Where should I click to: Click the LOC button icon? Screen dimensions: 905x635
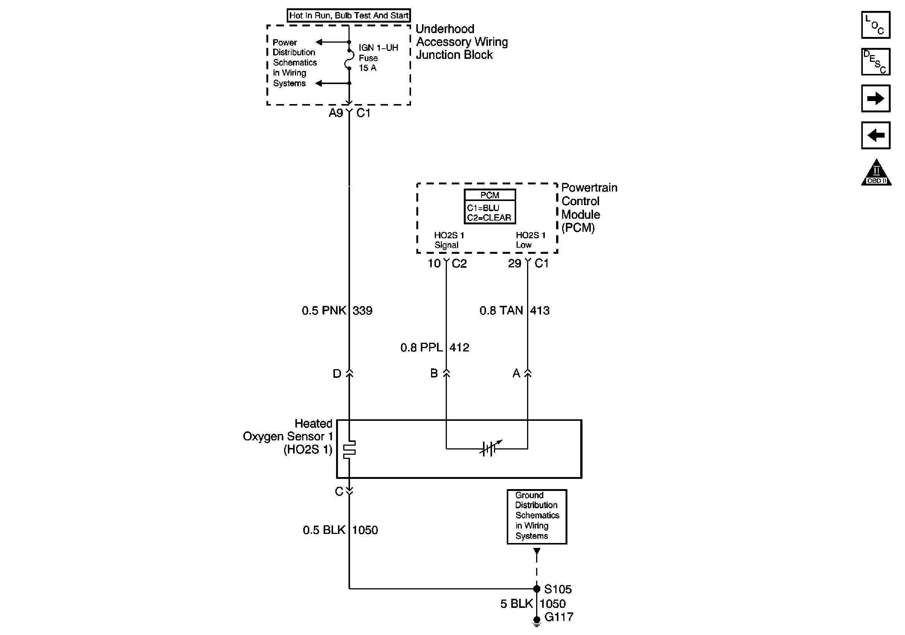click(x=876, y=25)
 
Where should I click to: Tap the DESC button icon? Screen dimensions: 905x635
click(x=876, y=61)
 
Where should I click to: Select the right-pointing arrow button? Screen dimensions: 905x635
click(x=876, y=98)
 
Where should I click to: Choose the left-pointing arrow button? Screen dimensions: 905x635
click(x=876, y=135)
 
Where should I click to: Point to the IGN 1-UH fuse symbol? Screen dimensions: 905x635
click(x=349, y=59)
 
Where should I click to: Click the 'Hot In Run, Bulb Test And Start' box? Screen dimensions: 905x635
click(x=349, y=15)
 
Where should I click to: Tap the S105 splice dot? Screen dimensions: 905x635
click(x=537, y=589)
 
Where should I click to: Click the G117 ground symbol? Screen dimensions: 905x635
click(x=537, y=621)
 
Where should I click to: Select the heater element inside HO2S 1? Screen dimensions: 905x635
click(x=349, y=449)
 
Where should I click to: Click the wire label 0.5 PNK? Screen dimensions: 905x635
click(x=324, y=310)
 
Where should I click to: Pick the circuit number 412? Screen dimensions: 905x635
click(x=460, y=347)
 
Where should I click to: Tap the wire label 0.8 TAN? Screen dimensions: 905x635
click(x=501, y=310)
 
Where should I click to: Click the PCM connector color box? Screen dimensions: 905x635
click(x=489, y=207)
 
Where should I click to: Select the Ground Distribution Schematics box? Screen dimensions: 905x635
click(x=537, y=517)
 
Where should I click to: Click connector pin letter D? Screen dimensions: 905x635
click(x=337, y=374)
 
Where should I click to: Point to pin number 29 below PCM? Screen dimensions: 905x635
click(x=514, y=263)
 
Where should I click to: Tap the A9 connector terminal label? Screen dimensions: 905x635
click(x=336, y=113)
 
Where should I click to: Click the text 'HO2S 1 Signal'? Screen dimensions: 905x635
click(x=449, y=240)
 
